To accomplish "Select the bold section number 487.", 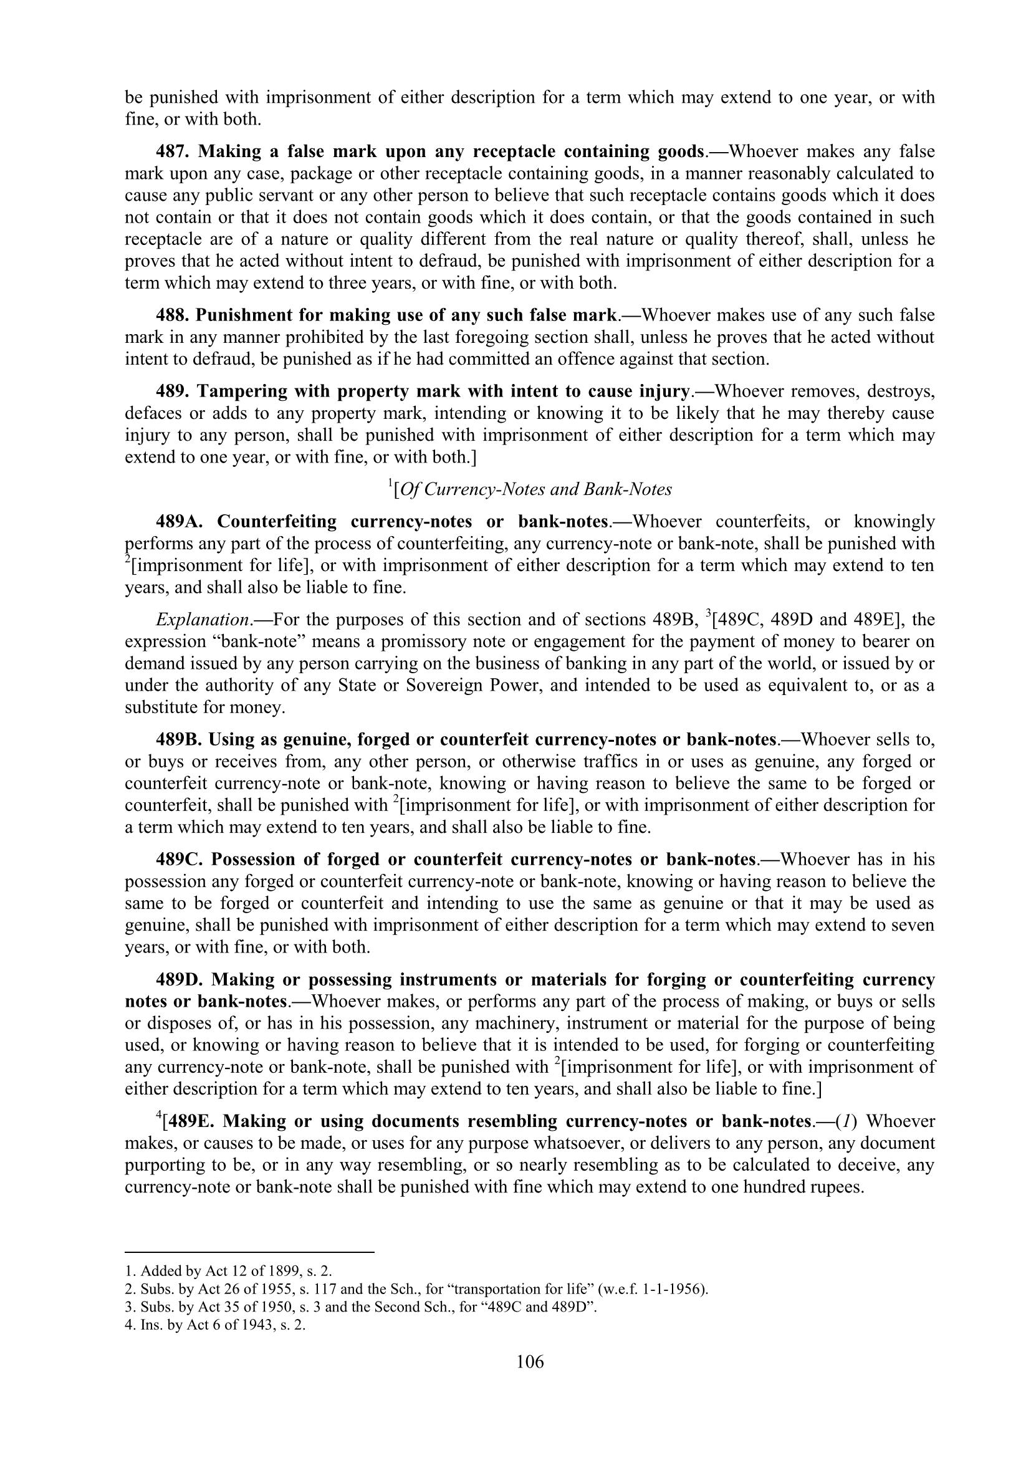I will [173, 151].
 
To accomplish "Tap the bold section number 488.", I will [173, 315].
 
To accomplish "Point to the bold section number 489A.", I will [180, 521].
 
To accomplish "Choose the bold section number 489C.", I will [180, 859].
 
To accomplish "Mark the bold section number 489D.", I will [180, 979].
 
